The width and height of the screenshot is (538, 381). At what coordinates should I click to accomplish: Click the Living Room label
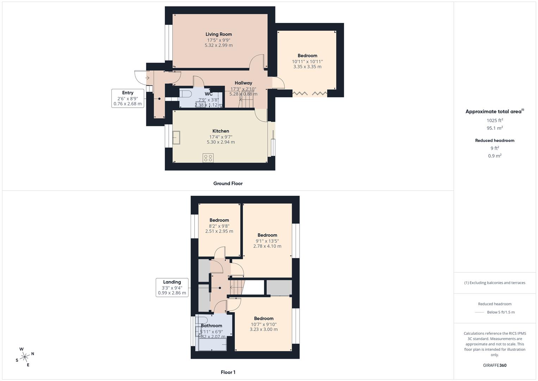(x=218, y=34)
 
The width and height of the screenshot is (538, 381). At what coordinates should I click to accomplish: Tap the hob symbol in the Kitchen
(x=208, y=158)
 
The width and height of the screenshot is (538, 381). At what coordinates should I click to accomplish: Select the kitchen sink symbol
(x=176, y=138)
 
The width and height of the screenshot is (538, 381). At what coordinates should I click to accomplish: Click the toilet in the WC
(x=185, y=94)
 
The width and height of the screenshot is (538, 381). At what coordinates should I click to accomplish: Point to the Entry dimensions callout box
(x=128, y=98)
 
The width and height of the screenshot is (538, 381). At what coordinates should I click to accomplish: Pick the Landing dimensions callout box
(x=172, y=287)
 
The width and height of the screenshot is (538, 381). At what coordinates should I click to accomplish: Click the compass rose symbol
(x=25, y=357)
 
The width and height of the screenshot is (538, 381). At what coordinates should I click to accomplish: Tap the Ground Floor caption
(x=228, y=183)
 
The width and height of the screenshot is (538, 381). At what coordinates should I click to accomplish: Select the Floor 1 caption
(x=228, y=372)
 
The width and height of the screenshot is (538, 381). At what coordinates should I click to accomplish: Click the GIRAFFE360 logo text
(x=495, y=365)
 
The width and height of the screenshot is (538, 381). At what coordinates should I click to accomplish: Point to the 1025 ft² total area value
(x=495, y=120)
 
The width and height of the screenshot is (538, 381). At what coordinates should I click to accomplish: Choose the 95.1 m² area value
(x=495, y=128)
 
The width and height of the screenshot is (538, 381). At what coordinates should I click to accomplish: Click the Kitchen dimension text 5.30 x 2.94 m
(x=221, y=142)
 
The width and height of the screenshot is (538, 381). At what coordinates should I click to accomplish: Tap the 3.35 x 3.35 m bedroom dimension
(x=307, y=67)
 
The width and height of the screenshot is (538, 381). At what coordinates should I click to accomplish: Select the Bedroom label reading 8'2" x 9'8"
(x=219, y=220)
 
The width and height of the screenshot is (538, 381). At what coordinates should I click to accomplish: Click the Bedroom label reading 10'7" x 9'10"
(x=264, y=318)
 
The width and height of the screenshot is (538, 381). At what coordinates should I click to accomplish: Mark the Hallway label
(x=243, y=83)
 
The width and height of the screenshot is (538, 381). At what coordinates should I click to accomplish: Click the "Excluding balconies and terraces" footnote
(x=495, y=283)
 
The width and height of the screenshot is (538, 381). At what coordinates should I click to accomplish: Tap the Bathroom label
(x=211, y=326)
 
